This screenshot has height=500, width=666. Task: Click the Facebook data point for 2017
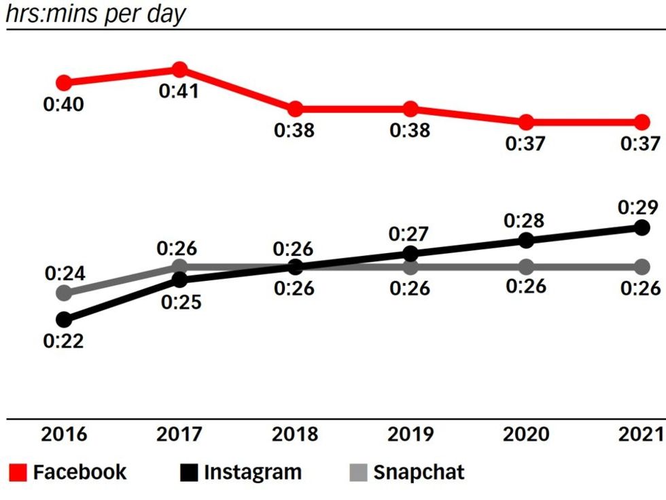click(179, 69)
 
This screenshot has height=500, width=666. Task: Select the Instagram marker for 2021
click(642, 228)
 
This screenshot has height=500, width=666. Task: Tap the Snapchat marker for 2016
click(64, 293)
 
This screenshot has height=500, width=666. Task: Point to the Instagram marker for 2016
click(64, 319)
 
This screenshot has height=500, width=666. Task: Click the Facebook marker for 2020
click(526, 122)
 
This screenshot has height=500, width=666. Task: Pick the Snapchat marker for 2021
click(642, 266)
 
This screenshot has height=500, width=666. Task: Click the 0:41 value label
click(179, 91)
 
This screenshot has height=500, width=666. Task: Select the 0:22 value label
click(63, 341)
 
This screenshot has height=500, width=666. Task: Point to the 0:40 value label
click(63, 105)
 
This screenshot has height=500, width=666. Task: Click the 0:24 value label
click(65, 274)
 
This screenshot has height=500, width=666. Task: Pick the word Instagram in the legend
click(252, 472)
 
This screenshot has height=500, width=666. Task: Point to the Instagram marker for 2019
click(410, 254)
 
